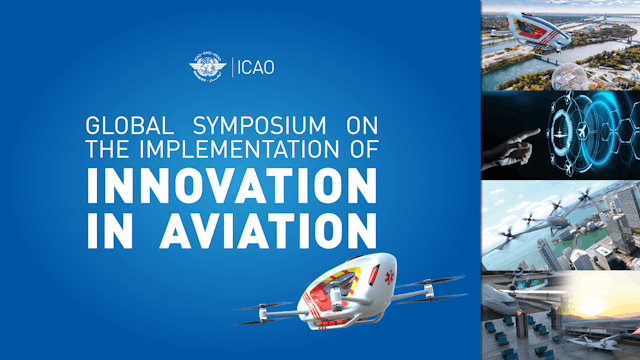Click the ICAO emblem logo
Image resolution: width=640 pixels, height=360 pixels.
click(208, 69)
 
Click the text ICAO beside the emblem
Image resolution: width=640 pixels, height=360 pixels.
click(255, 69)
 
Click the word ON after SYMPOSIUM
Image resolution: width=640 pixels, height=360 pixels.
click(357, 129)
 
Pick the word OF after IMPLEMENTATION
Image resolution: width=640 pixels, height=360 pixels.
click(357, 151)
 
